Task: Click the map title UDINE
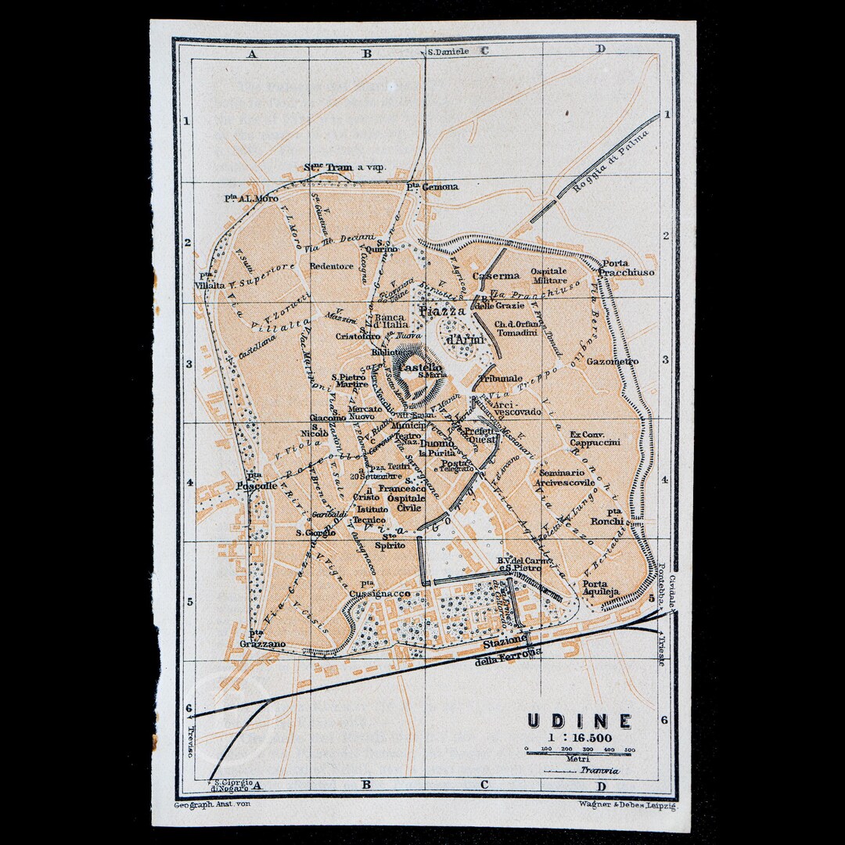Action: [x=578, y=721]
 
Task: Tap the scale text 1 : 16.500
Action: [x=580, y=737]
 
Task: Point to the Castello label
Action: [x=420, y=368]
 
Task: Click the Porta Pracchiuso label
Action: [x=627, y=268]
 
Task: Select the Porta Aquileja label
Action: [x=601, y=588]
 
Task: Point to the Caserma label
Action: [x=500, y=275]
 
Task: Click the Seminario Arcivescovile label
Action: [x=565, y=478]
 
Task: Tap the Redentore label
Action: [x=332, y=266]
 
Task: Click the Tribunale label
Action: [x=499, y=378]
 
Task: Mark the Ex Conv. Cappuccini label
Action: [x=595, y=438]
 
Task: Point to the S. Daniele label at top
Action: [x=448, y=52]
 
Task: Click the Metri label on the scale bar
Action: [x=580, y=758]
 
